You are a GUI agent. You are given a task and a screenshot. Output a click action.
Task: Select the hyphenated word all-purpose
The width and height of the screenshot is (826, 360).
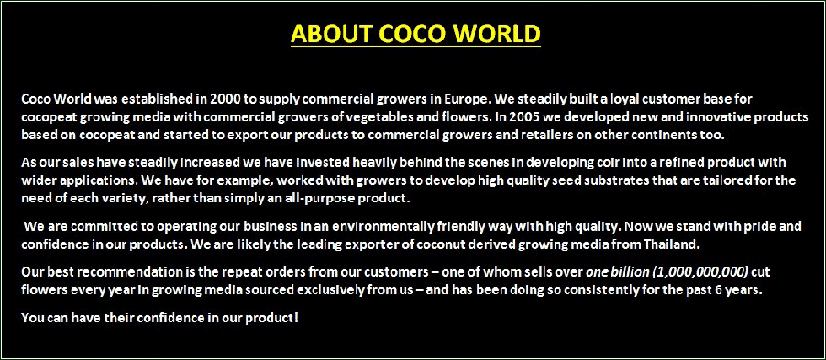click(x=326, y=199)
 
